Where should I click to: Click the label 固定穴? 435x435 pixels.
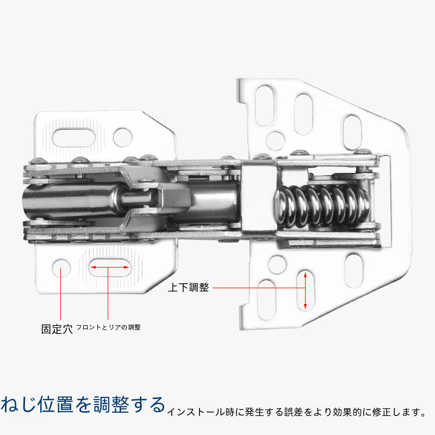(x=57, y=329)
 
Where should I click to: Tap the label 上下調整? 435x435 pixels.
(x=189, y=288)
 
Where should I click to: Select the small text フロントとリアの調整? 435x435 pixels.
(x=108, y=327)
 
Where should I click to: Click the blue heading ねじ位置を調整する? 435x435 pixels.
(x=83, y=405)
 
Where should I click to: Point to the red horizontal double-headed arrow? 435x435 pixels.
(x=110, y=267)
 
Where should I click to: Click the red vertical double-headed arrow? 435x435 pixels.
(x=305, y=290)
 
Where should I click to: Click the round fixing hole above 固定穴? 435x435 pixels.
(x=61, y=268)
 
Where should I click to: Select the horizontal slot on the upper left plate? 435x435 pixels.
(x=74, y=138)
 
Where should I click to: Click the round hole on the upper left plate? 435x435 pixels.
(x=123, y=138)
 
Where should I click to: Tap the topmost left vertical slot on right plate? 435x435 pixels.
(x=264, y=105)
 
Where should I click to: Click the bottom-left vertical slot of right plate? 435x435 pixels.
(x=266, y=300)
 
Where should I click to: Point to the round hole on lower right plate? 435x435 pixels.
(x=277, y=265)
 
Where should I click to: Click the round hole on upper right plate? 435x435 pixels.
(x=276, y=141)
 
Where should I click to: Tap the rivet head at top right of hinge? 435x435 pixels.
(x=363, y=152)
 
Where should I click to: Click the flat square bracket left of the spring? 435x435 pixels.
(x=259, y=197)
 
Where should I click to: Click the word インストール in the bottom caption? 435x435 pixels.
(x=196, y=412)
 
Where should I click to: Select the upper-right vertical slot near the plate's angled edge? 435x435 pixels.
(x=352, y=133)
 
